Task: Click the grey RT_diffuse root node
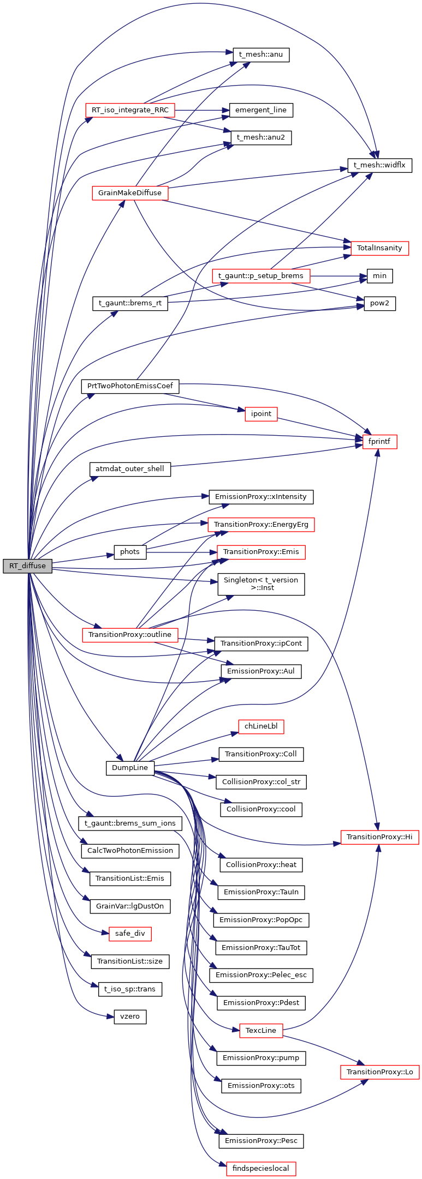click(27, 566)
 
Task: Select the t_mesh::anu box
click(261, 55)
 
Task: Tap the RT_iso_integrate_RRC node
click(130, 110)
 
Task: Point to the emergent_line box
click(261, 110)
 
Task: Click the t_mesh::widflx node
click(379, 165)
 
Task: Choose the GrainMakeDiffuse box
click(130, 193)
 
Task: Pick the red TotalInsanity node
click(379, 248)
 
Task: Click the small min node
click(379, 276)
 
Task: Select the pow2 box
click(379, 303)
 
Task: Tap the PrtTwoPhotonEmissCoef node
click(130, 386)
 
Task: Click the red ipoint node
click(261, 414)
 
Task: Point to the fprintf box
click(379, 442)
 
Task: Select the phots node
click(130, 552)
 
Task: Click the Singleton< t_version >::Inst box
click(261, 584)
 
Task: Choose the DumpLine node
click(130, 768)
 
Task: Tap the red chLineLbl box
click(261, 726)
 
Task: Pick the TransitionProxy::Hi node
click(379, 837)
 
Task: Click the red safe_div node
click(130, 934)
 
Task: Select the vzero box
click(130, 1016)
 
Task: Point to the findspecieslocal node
click(261, 1169)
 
